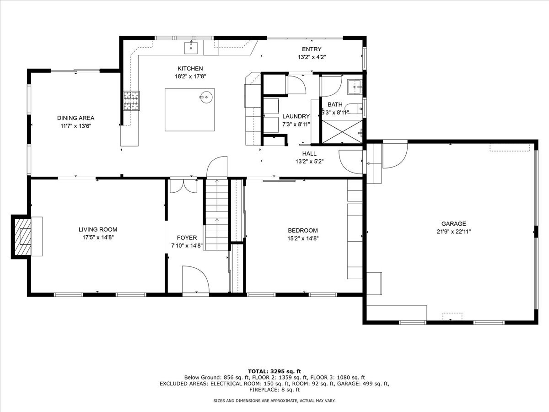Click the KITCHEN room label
point(190,69)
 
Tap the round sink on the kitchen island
point(206,97)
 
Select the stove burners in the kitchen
point(132,101)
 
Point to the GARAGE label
point(453,224)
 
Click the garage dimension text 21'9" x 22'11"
point(453,232)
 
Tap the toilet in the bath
point(355,108)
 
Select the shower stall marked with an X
point(342,132)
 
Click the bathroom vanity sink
point(355,87)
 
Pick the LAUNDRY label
point(296,116)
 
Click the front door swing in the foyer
point(196,279)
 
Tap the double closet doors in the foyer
point(183,186)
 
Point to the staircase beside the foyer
point(216,215)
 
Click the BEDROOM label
point(303,230)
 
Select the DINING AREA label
point(75,118)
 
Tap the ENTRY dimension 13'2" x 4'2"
point(312,57)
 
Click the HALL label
point(309,154)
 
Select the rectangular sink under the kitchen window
point(191,48)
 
